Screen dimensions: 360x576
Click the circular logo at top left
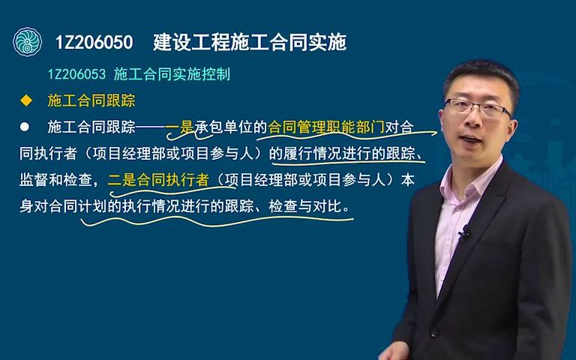pos(28,42)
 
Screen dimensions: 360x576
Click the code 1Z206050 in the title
pos(94,43)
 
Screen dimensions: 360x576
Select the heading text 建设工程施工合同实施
pos(249,43)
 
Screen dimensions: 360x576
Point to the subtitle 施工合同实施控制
pos(172,75)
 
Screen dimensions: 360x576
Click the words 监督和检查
pos(56,180)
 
